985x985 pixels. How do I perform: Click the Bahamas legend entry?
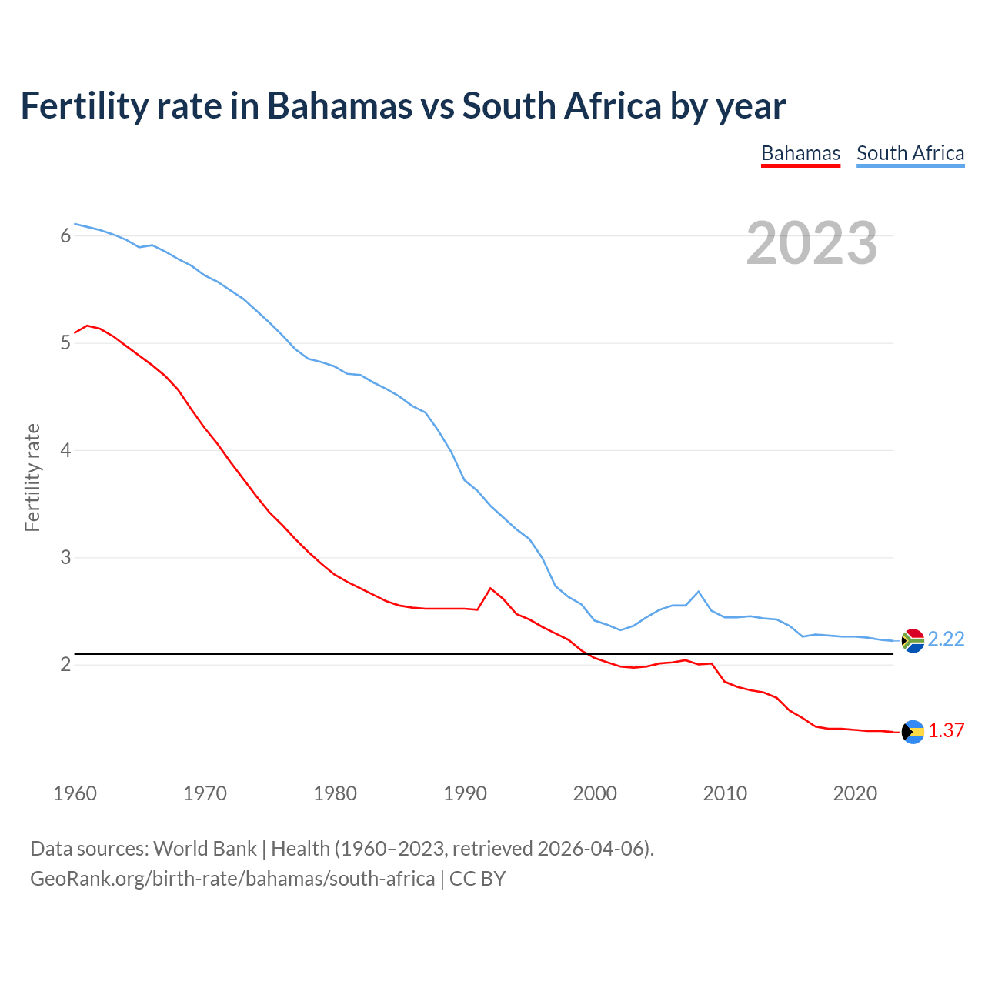click(x=800, y=153)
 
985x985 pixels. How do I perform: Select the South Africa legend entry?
click(x=910, y=153)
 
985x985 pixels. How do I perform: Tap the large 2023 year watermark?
click(x=811, y=243)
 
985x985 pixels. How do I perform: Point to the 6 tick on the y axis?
click(x=65, y=236)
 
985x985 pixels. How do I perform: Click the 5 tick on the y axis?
click(x=65, y=343)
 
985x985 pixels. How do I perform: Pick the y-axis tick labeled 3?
click(x=65, y=557)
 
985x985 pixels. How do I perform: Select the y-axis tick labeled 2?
click(x=65, y=664)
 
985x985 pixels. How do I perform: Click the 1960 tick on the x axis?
click(x=75, y=793)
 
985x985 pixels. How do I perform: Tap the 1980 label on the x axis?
click(x=335, y=793)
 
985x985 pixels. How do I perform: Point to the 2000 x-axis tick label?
click(x=595, y=793)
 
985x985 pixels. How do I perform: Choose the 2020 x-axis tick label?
click(x=855, y=793)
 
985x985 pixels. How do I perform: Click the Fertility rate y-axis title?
click(x=32, y=477)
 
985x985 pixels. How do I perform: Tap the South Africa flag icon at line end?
click(x=913, y=640)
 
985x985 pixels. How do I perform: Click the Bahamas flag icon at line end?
click(x=913, y=732)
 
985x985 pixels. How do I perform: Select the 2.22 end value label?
click(x=946, y=639)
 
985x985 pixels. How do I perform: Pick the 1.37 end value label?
click(x=946, y=731)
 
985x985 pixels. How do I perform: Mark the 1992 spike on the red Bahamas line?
click(x=490, y=588)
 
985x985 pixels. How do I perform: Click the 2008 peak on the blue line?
click(x=698, y=592)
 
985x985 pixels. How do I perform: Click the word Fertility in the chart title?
click(x=84, y=106)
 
